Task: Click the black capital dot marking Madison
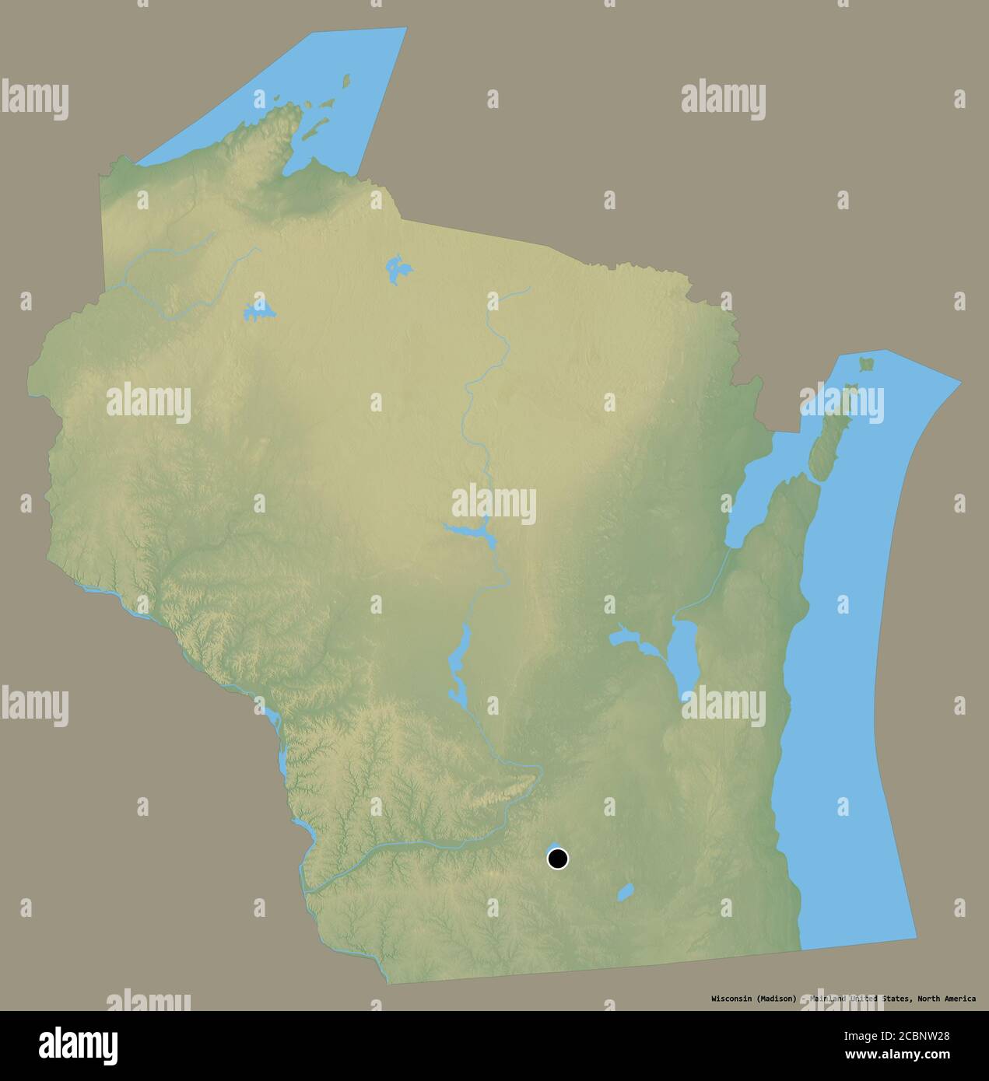tap(557, 859)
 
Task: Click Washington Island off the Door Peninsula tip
tap(865, 362)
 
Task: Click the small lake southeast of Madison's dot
tap(625, 892)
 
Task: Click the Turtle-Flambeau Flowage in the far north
tap(398, 269)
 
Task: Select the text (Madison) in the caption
tap(774, 999)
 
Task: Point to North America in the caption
tap(947, 999)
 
